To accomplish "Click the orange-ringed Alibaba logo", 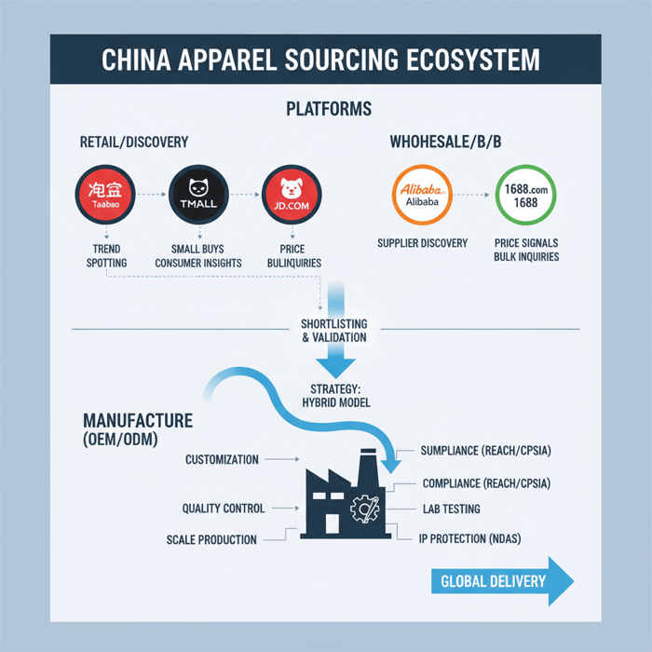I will click(423, 195).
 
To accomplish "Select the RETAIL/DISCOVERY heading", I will click(133, 143).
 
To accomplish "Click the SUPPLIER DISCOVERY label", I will click(423, 243).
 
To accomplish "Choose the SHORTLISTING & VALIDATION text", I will click(334, 331).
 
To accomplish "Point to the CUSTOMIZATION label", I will click(223, 459).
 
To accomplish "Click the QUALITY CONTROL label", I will click(224, 509).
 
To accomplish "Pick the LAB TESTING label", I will click(451, 509).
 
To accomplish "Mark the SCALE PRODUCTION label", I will click(211, 540).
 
